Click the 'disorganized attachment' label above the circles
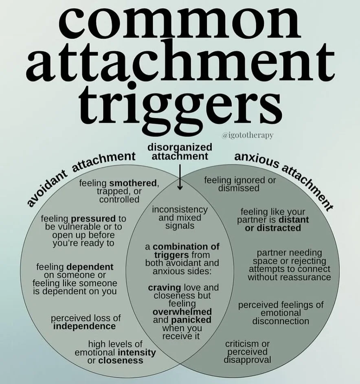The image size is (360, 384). coord(180,151)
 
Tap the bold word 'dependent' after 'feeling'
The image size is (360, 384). coord(90,267)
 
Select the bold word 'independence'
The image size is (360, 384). coord(84,326)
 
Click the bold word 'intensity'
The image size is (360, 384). coord(137,352)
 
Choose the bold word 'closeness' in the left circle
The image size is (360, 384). coord(121,360)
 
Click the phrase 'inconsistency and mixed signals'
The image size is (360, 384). coord(180,217)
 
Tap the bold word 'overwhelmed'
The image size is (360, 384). coord(180,312)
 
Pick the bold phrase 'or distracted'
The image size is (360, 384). coord(273,228)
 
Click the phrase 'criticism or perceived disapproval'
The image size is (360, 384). coord(248,352)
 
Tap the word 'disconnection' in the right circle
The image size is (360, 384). coord(281,321)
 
